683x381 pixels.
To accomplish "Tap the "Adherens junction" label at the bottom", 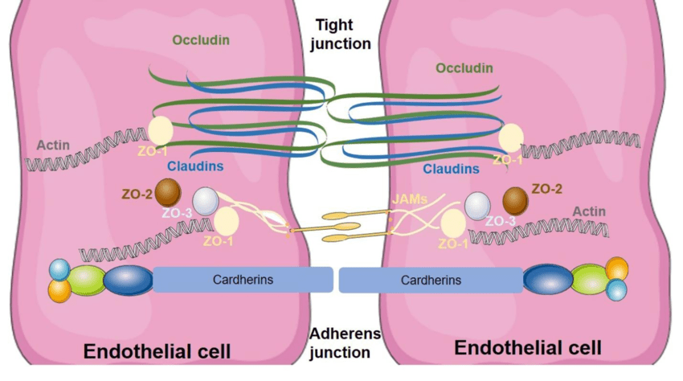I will click(341, 342).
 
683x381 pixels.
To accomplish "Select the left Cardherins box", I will click(243, 280).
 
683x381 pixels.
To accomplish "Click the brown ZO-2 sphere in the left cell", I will click(168, 192).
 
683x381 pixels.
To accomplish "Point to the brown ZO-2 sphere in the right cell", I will click(515, 199).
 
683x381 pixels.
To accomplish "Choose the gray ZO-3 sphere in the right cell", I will click(477, 206).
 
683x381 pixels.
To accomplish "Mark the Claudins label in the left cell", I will click(195, 166).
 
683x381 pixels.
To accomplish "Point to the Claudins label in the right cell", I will click(451, 169).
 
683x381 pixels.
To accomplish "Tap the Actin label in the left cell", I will click(53, 145).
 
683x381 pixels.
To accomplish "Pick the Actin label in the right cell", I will click(588, 211).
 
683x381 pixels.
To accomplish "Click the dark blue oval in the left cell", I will click(128, 281).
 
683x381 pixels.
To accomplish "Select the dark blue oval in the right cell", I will click(547, 280).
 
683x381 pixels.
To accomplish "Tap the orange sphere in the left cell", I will click(59, 290).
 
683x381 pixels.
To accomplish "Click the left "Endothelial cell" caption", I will click(157, 351).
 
